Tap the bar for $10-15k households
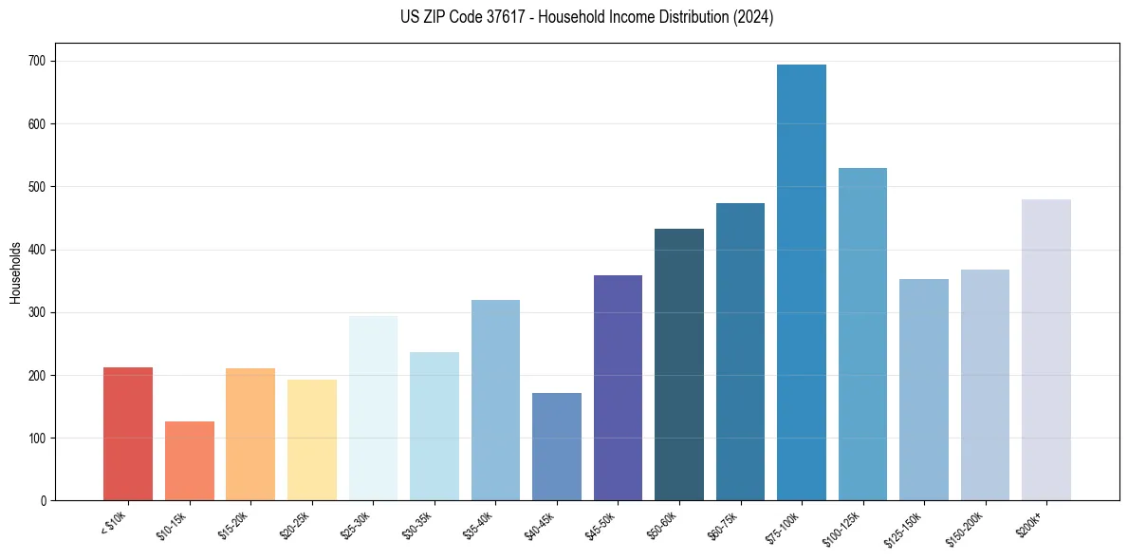pos(190,461)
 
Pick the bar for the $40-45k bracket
pos(557,447)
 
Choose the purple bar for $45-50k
pos(618,388)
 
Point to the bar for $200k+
pos(1046,350)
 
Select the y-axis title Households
pos(16,272)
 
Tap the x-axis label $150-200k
pos(965,527)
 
